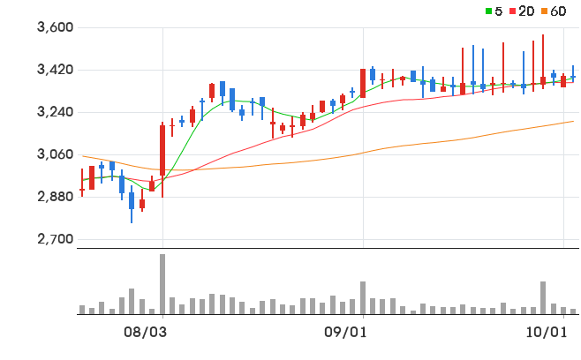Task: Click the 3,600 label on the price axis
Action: (x=56, y=27)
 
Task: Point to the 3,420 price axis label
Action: (x=56, y=70)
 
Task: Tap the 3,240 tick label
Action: (x=56, y=112)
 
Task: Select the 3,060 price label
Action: (x=56, y=154)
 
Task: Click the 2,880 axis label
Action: (x=56, y=196)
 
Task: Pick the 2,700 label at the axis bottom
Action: (x=56, y=239)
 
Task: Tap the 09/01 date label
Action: (x=345, y=333)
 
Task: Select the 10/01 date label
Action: (x=547, y=333)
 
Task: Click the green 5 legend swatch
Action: (x=489, y=11)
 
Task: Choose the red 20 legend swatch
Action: (x=513, y=11)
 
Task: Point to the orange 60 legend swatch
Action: (x=544, y=11)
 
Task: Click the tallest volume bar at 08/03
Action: (x=162, y=284)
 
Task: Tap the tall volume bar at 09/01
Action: (x=363, y=298)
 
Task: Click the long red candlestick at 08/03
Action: (x=162, y=160)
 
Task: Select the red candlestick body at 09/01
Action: (x=363, y=83)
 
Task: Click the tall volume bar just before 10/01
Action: (x=543, y=298)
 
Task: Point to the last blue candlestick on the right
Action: (x=573, y=74)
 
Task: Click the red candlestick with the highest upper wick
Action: (x=543, y=62)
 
